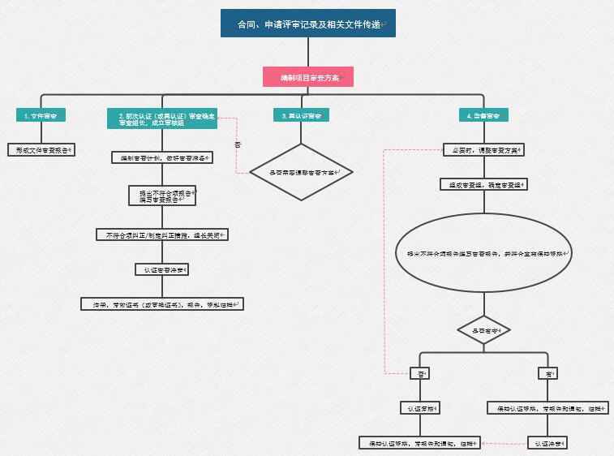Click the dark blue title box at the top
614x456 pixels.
[308, 24]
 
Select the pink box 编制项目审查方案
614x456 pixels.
[308, 77]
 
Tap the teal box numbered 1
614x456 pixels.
[41, 115]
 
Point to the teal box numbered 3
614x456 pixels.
[301, 115]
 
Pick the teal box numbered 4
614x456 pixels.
[483, 115]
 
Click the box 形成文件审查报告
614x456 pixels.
[41, 149]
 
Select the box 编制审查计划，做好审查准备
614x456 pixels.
[161, 157]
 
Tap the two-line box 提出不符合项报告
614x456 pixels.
[162, 196]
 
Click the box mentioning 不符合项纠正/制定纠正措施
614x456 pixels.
[161, 234]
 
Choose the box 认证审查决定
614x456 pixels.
[161, 269]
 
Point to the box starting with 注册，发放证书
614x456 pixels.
[161, 304]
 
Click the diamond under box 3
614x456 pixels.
[301, 172]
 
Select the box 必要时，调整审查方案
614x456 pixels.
[484, 149]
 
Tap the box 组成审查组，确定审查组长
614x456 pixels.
[484, 184]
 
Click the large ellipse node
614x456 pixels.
[484, 253]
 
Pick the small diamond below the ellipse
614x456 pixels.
[484, 330]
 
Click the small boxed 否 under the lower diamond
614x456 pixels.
[419, 373]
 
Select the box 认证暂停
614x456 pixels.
[419, 408]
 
